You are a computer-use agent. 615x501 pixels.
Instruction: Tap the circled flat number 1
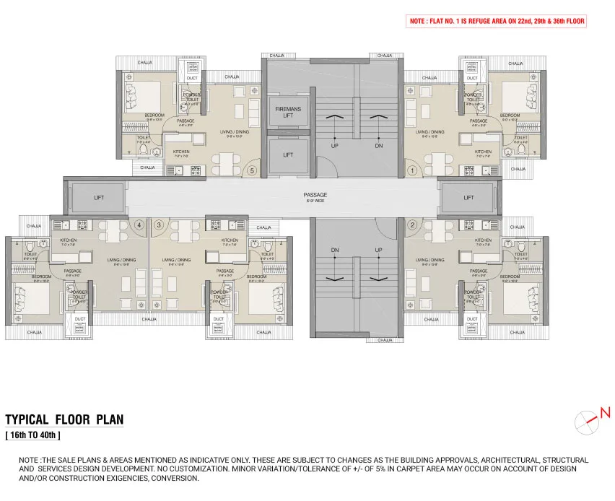click(413, 171)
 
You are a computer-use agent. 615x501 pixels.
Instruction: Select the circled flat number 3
click(158, 225)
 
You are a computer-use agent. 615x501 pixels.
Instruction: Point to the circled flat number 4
click(141, 225)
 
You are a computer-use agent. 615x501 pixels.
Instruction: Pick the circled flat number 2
click(413, 225)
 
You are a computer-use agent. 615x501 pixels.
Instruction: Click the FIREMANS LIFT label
click(288, 112)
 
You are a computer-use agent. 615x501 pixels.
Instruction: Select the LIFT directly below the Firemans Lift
click(288, 154)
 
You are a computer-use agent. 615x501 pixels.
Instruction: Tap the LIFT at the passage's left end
click(99, 197)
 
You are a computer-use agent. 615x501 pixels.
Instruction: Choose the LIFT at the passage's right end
click(468, 197)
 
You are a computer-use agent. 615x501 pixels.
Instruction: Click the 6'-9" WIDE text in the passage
click(315, 201)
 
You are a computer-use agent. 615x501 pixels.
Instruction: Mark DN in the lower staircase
click(335, 250)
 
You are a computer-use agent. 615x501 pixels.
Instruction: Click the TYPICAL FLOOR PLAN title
click(64, 419)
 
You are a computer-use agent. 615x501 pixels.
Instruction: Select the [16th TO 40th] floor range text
click(33, 435)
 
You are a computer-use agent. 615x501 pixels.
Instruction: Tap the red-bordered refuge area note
click(497, 22)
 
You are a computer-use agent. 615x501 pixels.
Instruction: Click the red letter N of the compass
click(605, 413)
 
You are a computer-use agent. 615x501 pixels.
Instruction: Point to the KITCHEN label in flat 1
click(483, 152)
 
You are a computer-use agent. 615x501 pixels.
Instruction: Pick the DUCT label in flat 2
click(472, 318)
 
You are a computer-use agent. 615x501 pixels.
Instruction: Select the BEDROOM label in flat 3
click(256, 276)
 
